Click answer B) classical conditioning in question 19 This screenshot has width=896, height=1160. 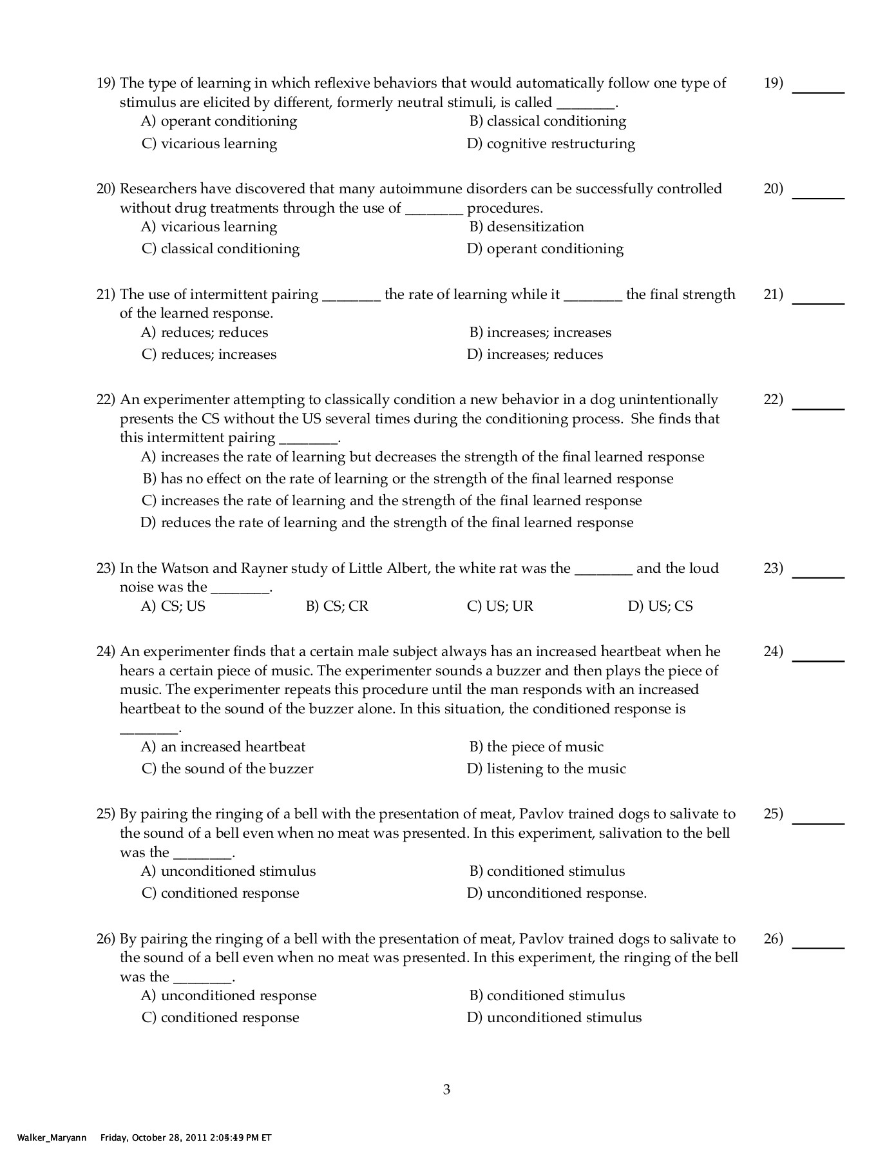548,121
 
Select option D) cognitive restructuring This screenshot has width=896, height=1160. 551,143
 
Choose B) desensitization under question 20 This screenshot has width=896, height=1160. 526,227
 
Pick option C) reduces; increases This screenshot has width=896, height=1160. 209,354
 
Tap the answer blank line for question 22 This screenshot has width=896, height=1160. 817,408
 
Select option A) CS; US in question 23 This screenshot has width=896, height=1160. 173,606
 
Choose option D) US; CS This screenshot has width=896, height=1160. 660,606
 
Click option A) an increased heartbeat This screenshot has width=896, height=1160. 223,747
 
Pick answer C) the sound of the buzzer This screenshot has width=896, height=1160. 227,769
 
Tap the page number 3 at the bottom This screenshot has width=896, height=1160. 446,1090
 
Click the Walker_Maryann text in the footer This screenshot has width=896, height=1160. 44,1137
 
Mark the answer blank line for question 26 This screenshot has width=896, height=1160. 817,947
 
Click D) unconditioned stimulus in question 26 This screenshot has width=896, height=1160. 554,1018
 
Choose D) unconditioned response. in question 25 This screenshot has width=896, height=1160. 557,893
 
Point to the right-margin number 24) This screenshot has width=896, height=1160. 773,652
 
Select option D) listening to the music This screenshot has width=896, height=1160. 546,769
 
